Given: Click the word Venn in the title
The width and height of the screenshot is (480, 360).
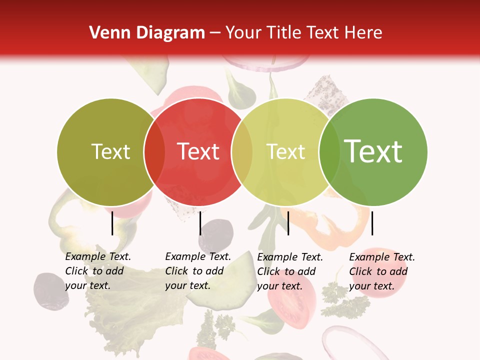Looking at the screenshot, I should (108, 33).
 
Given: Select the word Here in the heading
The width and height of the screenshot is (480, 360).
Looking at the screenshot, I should (363, 33).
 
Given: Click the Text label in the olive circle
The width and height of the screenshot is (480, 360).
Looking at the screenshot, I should (110, 151).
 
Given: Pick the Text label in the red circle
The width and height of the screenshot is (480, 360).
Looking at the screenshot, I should (198, 151).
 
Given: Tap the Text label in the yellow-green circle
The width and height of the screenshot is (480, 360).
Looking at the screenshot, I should (285, 151).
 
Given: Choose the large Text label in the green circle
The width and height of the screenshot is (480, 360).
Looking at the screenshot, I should (373, 151).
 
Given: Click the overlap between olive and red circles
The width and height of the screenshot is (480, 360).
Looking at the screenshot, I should (154, 151).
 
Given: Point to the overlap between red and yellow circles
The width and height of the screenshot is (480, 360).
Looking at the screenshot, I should (242, 151).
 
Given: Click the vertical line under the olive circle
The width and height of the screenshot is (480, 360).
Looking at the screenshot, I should (112, 223).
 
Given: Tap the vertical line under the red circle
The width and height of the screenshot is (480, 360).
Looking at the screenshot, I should (200, 223).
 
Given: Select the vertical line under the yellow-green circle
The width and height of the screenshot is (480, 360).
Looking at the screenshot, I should (288, 223).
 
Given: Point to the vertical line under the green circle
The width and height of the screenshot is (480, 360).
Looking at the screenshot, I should (372, 223).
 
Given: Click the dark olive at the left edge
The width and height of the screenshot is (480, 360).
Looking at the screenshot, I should (50, 290).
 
